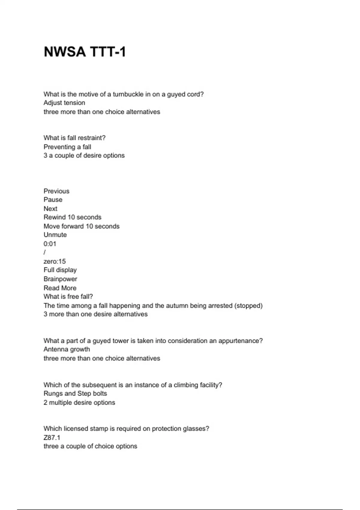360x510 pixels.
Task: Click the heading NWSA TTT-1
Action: [85, 52]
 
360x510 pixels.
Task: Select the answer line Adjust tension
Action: [64, 103]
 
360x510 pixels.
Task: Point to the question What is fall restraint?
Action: [74, 138]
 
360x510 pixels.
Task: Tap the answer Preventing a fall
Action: [67, 147]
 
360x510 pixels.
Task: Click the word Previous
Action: [56, 191]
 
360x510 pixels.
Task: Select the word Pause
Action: [53, 200]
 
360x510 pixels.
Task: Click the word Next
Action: [50, 209]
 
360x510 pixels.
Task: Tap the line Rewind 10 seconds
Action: [72, 217]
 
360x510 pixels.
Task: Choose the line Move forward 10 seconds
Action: [81, 226]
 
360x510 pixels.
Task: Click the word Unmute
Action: [55, 235]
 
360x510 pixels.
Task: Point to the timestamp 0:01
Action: [50, 244]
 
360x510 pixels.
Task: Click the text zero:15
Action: [55, 261]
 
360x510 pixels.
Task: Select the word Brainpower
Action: [60, 279]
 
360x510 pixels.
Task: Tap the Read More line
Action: [60, 288]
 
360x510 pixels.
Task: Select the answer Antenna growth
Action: [67, 349]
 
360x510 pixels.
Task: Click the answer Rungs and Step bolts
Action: [75, 394]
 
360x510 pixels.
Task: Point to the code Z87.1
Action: [52, 438]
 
